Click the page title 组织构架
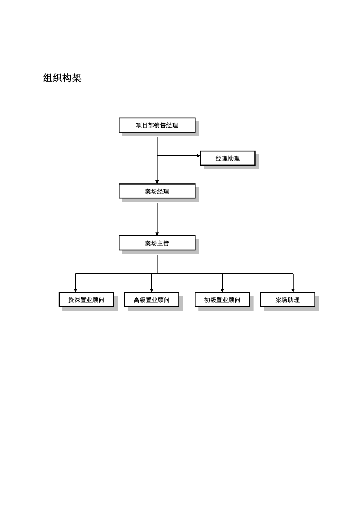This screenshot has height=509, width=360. pyautogui.click(x=62, y=78)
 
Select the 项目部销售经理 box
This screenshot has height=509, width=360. pyautogui.click(x=157, y=125)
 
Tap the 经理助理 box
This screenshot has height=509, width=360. pyautogui.click(x=228, y=158)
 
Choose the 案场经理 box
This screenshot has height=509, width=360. pyautogui.click(x=157, y=191)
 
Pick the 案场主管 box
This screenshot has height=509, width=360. pyautogui.click(x=157, y=243)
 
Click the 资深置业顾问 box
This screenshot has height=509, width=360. pyautogui.click(x=86, y=300)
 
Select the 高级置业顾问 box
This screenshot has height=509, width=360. pyautogui.click(x=151, y=300)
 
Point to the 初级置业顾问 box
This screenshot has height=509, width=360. pyautogui.click(x=222, y=300)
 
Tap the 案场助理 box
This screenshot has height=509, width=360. pyautogui.click(x=287, y=300)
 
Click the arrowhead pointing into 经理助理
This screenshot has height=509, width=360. pyautogui.click(x=199, y=156)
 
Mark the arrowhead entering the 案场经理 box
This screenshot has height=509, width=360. pyautogui.click(x=157, y=182)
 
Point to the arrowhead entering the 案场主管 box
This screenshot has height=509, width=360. pyautogui.click(x=157, y=234)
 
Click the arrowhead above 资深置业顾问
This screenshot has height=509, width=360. pyautogui.click(x=75, y=290)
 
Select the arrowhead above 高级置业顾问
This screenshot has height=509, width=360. pyautogui.click(x=151, y=290)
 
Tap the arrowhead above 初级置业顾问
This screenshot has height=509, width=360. pyautogui.click(x=222, y=290)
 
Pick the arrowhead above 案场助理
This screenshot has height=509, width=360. pyautogui.click(x=293, y=290)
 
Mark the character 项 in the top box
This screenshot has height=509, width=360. pyautogui.click(x=139, y=125)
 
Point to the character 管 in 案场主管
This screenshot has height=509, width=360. pyautogui.click(x=166, y=243)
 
